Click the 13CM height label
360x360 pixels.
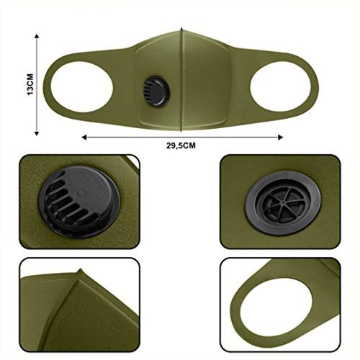click(x=30, y=84)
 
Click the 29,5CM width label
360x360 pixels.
click(x=181, y=145)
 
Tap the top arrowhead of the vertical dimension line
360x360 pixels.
click(x=37, y=36)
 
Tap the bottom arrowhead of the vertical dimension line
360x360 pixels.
click(x=37, y=133)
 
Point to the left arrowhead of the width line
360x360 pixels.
click(x=84, y=138)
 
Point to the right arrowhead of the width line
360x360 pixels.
click(x=280, y=138)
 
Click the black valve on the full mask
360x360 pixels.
click(x=156, y=91)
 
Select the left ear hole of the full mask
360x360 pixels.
click(x=82, y=86)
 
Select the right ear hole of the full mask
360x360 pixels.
click(x=281, y=86)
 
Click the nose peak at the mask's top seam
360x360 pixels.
click(x=181, y=30)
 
